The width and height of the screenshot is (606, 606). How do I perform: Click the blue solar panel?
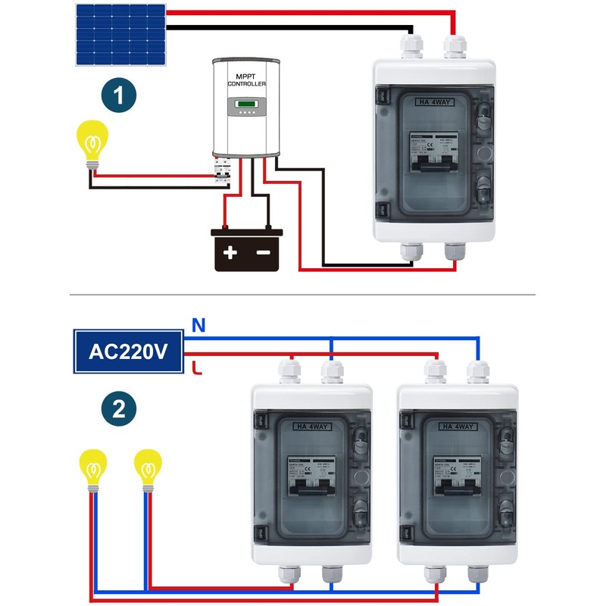pos(121,34)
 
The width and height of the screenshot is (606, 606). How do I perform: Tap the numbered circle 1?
pos(118,97)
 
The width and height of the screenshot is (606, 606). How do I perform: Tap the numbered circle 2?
pos(118,410)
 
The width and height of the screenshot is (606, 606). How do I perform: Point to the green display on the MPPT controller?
pos(247,104)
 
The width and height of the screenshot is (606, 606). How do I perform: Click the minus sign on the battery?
pos(263,252)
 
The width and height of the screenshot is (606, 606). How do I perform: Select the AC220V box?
pos(128,352)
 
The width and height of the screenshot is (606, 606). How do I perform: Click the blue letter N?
pos(198,326)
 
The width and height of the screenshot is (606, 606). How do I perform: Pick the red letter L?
pos(198,369)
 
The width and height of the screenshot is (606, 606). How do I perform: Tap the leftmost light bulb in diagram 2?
pos(92,470)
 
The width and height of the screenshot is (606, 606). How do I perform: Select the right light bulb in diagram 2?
pos(146,470)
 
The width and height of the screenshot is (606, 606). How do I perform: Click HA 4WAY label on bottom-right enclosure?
pos(458,427)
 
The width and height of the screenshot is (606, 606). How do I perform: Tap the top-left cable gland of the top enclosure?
pos(412,48)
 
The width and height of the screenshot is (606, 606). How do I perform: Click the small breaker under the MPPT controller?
pos(222,170)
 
